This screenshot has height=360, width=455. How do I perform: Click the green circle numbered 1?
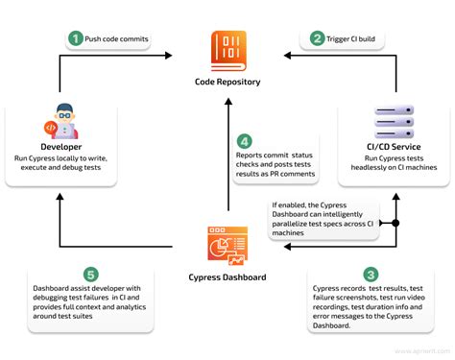[x=74, y=39]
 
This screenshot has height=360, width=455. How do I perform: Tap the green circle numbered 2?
[x=316, y=39]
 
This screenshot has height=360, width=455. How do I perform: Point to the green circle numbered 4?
[x=245, y=140]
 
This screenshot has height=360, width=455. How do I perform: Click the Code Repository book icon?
[x=227, y=51]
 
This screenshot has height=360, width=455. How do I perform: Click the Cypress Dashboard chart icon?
[x=227, y=243]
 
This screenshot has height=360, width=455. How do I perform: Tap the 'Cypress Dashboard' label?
[x=227, y=279]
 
